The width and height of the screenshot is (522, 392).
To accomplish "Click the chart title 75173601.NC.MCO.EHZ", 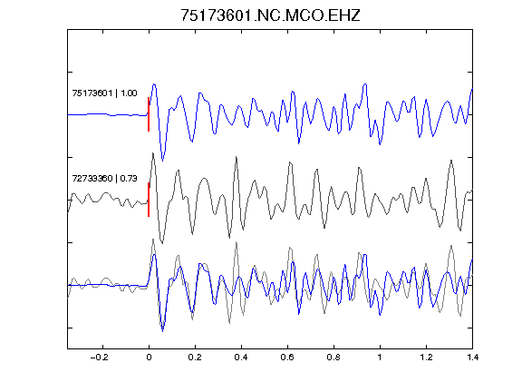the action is point(270,15).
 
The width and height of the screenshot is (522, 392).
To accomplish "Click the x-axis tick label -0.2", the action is point(100,358).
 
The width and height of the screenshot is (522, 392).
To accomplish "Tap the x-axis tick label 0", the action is point(149,358).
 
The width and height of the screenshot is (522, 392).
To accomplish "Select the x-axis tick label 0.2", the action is point(195,358).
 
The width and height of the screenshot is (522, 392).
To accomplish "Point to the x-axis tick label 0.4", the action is point(241,358).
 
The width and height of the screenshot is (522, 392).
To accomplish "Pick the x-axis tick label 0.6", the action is point(287,358).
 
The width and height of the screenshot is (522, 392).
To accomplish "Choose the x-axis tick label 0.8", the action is point(333,358).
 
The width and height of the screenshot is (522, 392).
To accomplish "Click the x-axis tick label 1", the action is point(380,358).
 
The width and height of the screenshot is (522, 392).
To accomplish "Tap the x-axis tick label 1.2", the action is point(426,358).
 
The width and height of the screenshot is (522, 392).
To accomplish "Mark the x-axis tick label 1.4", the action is point(472,358).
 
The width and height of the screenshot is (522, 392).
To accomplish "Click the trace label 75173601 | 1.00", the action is point(104,93).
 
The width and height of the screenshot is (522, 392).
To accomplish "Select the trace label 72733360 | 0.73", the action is point(104,179).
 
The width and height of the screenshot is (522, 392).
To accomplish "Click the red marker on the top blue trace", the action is point(149,114).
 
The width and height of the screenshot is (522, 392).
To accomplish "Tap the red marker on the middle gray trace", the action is point(149,200).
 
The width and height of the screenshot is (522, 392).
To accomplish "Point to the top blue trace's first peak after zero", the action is point(154,84).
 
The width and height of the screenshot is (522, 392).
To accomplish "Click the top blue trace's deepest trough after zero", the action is point(162,161).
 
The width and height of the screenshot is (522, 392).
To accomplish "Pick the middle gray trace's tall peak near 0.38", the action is point(237,157).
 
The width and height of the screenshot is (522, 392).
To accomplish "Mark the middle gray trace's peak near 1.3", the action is point(451,161).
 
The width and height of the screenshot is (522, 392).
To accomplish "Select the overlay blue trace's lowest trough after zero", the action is point(162,331).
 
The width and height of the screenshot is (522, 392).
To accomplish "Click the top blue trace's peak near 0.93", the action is point(365,84).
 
